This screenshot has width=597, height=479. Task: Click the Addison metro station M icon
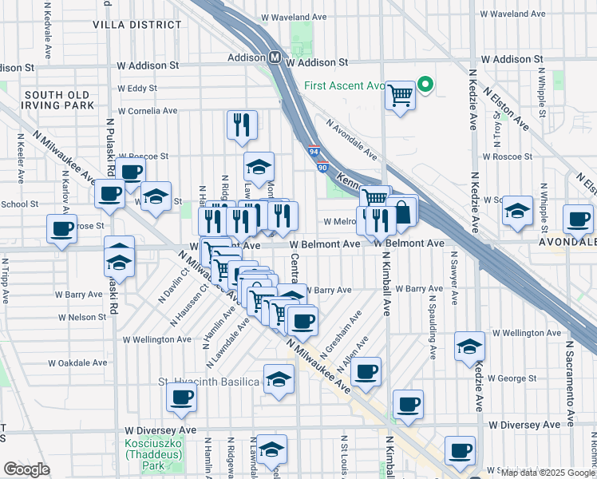(x=274, y=57)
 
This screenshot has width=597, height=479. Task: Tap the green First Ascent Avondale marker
(x=425, y=85)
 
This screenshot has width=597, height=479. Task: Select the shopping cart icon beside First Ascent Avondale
(x=400, y=96)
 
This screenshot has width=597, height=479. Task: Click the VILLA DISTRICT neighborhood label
(x=136, y=25)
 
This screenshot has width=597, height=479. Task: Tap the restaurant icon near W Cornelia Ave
(x=239, y=125)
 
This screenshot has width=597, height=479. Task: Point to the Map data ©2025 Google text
(x=547, y=472)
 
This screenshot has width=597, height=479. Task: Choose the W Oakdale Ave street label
(x=77, y=362)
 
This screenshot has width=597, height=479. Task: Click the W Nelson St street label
(x=81, y=317)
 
